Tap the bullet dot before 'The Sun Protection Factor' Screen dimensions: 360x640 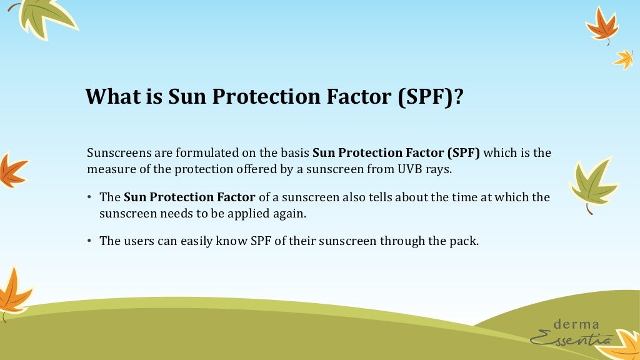[x=90, y=197]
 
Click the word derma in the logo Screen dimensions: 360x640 [x=576, y=324]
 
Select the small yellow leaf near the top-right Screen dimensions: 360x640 [x=623, y=59]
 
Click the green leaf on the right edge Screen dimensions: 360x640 [x=592, y=184]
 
